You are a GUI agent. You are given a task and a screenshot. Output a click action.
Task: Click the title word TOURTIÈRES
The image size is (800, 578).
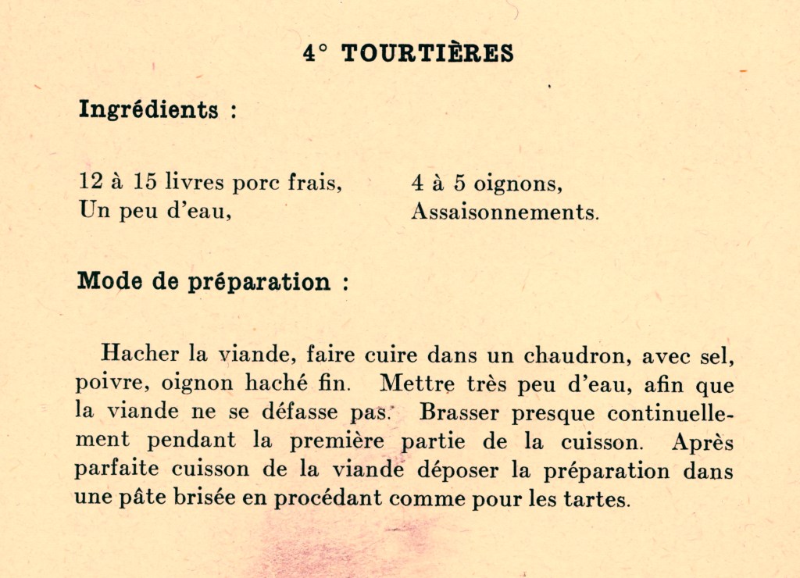coord(427,53)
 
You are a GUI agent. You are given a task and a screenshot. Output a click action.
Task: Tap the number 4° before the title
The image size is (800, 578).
coord(316,53)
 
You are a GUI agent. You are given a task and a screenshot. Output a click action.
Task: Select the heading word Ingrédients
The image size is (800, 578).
coord(148,109)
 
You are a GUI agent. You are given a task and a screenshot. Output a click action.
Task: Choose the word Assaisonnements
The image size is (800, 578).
coord(505,212)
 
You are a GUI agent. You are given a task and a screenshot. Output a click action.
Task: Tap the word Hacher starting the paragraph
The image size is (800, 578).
coord(140,354)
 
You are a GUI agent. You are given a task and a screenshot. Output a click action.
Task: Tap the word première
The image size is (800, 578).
coord(339,441)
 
